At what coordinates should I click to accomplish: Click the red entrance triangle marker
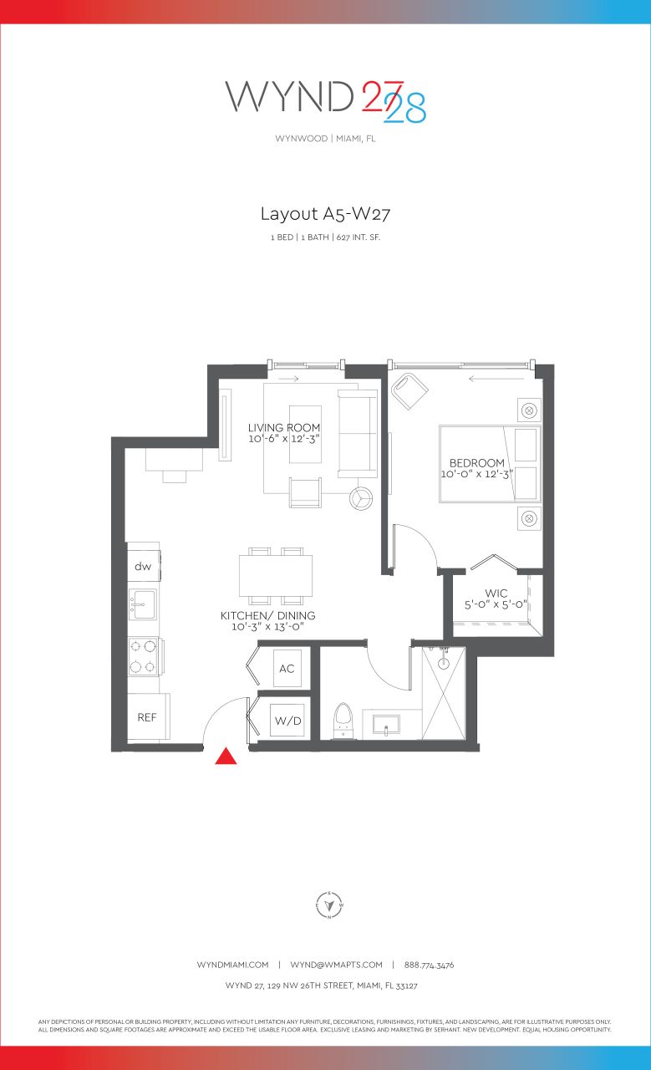point(226,757)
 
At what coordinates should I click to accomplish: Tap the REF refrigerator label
point(147,717)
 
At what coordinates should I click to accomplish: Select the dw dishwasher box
point(144,567)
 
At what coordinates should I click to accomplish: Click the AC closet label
point(287,669)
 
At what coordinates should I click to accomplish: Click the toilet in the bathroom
point(342,721)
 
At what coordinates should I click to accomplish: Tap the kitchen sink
point(143,604)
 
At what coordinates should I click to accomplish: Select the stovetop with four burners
point(144,656)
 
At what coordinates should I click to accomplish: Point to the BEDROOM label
point(477,463)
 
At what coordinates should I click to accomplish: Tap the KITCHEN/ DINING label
point(267,616)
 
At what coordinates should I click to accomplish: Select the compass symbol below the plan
point(330,904)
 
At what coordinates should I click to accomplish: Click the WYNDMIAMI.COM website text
point(232,965)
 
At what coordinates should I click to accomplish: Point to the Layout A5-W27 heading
point(325,213)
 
